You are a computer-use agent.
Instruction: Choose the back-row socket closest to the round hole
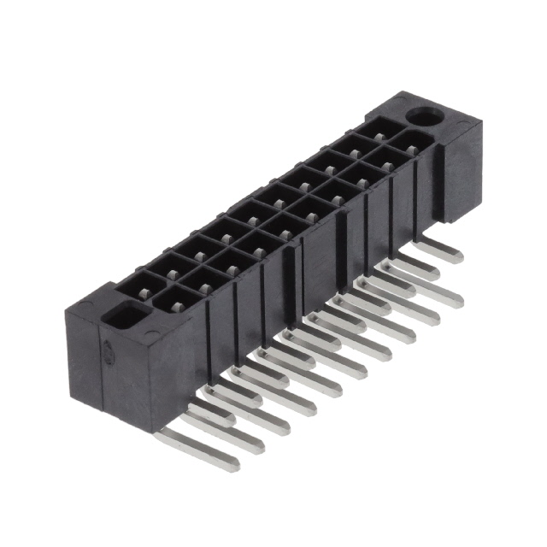coord(373,131)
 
